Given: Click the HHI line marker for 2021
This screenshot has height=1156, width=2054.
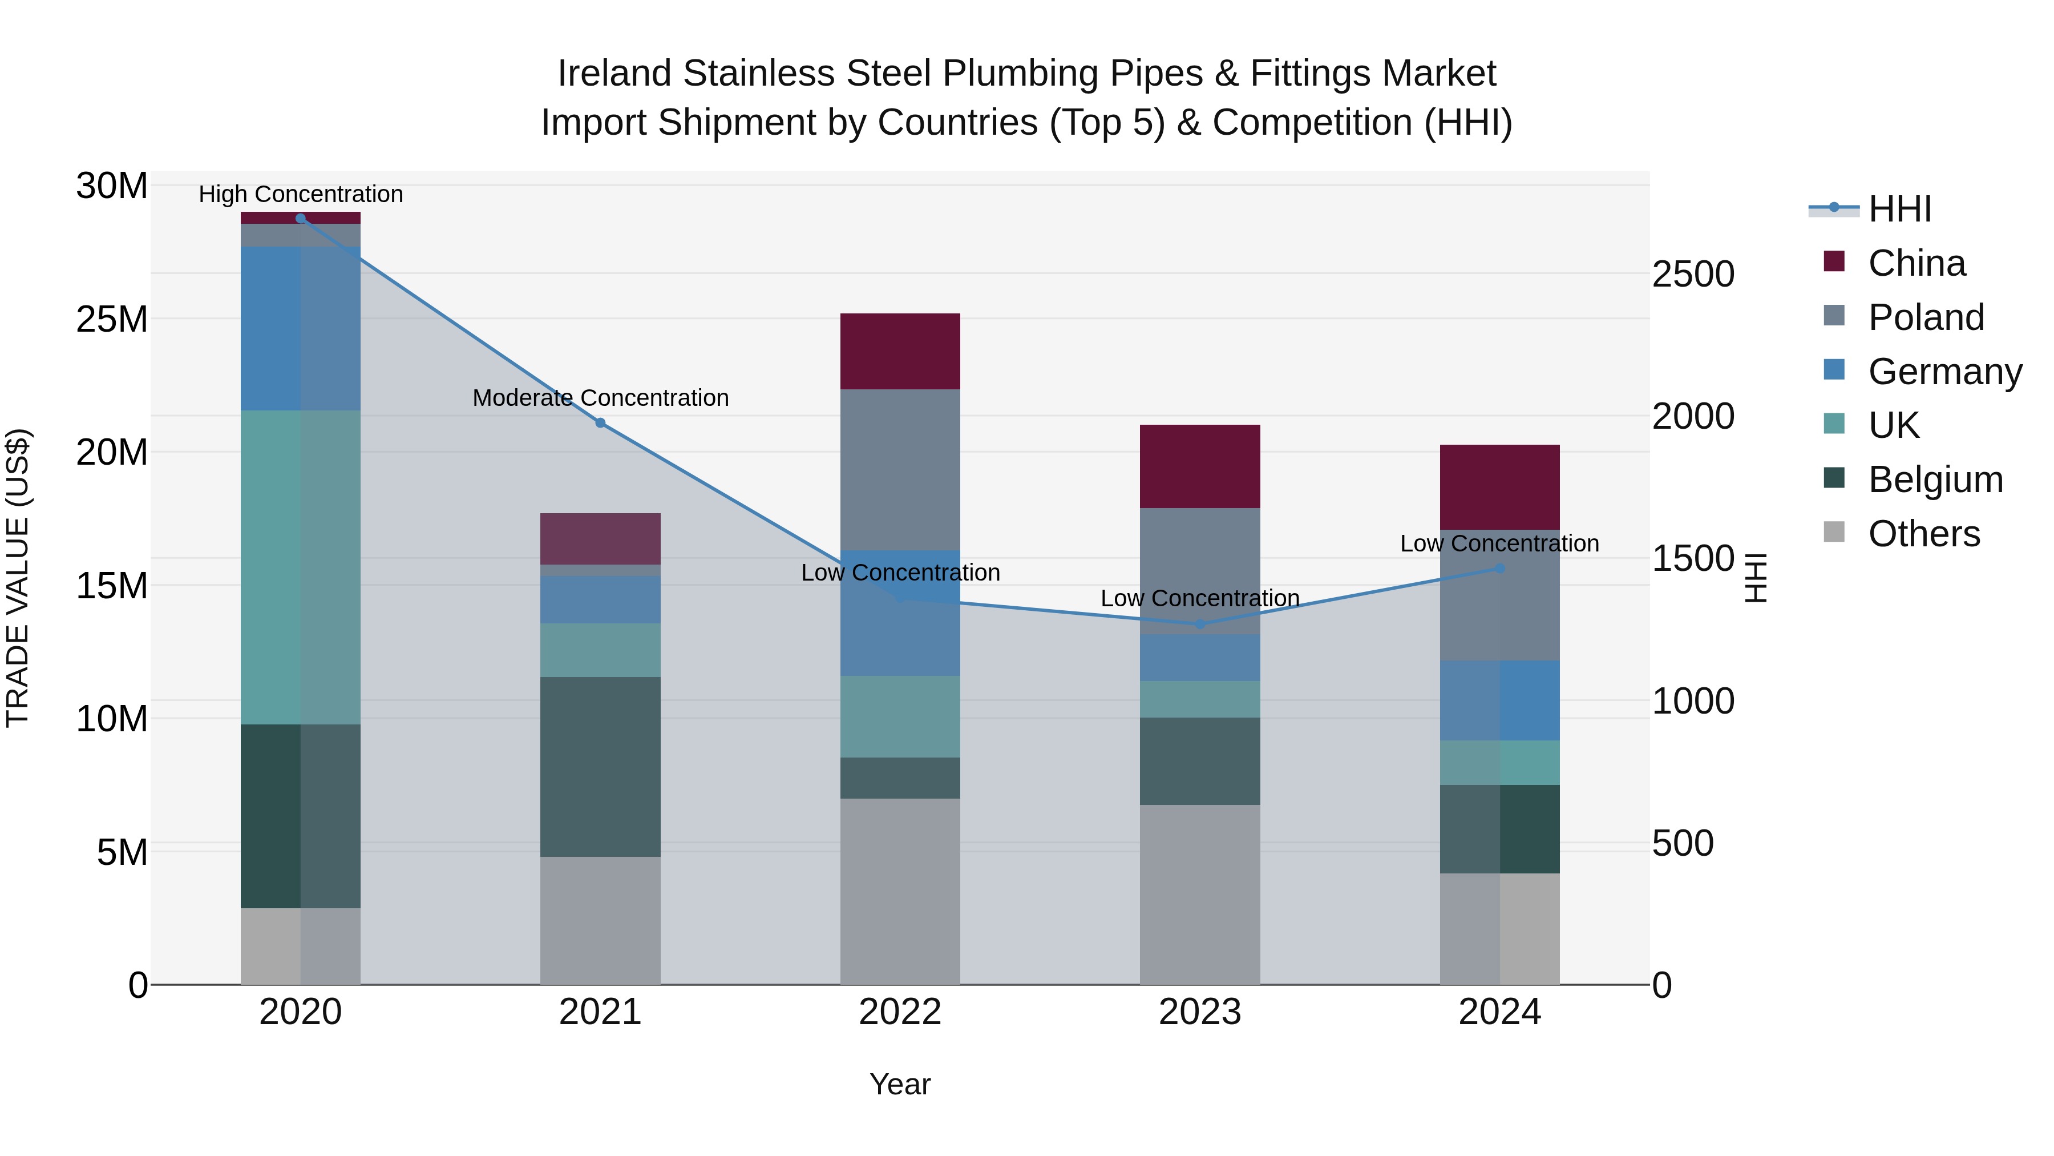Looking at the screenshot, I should click(600, 423).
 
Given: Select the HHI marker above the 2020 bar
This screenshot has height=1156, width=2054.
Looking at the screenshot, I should click(301, 219).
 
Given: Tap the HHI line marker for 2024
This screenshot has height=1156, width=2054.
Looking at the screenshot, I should click(1500, 568).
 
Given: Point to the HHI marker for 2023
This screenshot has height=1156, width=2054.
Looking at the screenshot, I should click(1200, 624).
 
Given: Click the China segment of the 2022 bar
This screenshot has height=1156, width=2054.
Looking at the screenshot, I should click(900, 351).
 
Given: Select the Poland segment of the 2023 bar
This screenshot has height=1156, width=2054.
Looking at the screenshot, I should click(1200, 570).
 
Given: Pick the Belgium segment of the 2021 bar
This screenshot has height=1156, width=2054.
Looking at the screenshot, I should click(600, 767).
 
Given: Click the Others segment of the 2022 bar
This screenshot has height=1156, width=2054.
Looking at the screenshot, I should click(900, 891).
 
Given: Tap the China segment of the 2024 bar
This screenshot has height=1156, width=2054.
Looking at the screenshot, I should click(1500, 486).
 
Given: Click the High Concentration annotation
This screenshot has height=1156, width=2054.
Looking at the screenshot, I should click(301, 194).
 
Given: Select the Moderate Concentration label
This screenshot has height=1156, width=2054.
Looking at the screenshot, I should click(600, 397).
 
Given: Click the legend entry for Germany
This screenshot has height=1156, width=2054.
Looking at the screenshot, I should click(1944, 371).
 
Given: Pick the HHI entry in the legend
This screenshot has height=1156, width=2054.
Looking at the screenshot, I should click(1899, 209).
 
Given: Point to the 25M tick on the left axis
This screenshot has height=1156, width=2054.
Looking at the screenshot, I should click(112, 319).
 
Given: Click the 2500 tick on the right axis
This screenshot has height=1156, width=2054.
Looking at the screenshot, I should click(1693, 275).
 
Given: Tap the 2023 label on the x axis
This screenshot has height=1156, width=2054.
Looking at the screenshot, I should click(1200, 1012).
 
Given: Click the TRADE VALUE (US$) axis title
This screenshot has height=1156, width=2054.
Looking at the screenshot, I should click(18, 578).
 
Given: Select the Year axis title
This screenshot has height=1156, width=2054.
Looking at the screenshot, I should click(900, 1084).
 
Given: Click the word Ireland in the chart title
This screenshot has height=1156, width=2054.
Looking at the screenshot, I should click(613, 74).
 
